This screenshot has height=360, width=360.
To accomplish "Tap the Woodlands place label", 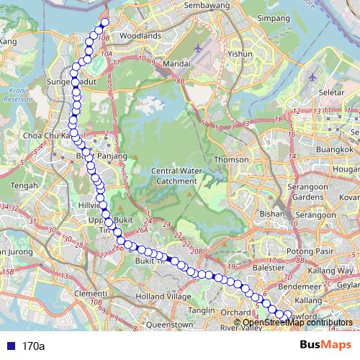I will [141, 35].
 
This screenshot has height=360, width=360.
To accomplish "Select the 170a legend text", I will [33, 346].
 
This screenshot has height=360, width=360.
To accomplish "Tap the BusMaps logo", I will [325, 346].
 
